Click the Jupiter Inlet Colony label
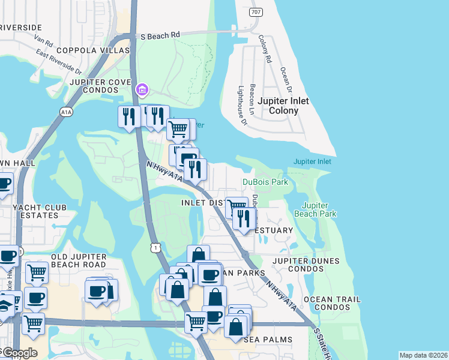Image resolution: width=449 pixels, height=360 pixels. point(283,106)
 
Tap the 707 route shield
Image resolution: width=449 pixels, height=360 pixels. point(256,12)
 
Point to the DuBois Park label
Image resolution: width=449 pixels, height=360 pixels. point(265,182)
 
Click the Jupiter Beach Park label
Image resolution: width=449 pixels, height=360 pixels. point(316,209)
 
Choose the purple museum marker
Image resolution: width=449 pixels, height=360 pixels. point(142,91)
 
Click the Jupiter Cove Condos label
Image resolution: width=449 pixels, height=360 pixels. point(100,86)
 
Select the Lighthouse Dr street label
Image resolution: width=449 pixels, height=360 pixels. point(243,104)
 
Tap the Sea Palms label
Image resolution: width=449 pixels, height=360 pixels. point(268,340)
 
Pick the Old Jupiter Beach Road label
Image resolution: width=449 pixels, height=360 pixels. point(79,261)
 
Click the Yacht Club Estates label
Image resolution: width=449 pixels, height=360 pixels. point(35,211)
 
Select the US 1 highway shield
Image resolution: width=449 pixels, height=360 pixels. point(155,247)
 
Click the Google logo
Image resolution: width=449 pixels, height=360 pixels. point(19,353)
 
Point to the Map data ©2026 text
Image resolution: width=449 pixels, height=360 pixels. point(423,355)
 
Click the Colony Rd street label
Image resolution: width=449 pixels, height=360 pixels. point(265,49)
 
